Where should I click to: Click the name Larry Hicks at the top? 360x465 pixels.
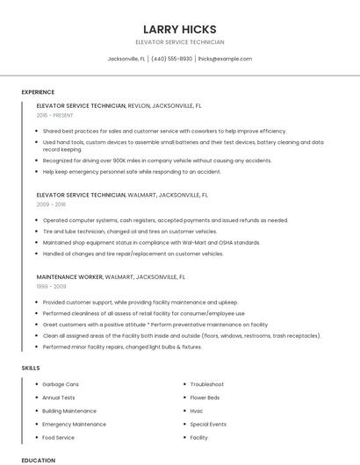pos(179,29)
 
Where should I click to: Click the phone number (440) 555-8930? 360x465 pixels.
pos(171,59)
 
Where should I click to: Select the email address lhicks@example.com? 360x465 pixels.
pos(225,59)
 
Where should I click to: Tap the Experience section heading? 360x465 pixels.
pos(38,92)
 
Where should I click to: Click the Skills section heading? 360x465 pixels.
pos(31,368)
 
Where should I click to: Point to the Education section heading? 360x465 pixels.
pos(38,460)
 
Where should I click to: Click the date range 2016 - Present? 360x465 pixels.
pos(54,115)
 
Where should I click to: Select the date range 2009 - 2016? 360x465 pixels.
pos(51,204)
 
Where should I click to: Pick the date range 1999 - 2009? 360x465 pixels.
pos(51,286)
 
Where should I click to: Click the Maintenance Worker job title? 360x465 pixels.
pos(70,276)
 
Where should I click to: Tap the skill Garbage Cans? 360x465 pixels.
pos(61,384)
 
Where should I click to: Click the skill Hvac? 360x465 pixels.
pos(197,411)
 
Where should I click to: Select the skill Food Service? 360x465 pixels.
pos(59,437)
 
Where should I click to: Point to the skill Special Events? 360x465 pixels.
pos(209,424)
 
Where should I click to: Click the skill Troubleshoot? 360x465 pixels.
pos(207,384)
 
